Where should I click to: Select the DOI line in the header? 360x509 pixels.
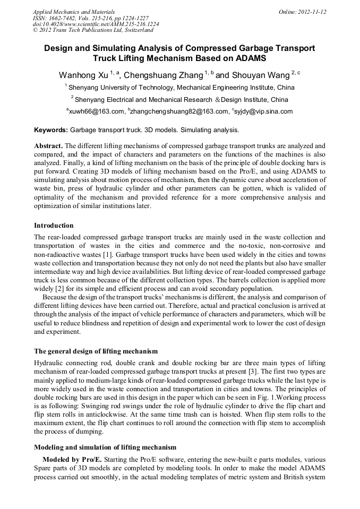click(96, 24)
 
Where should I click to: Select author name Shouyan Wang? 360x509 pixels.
click(261, 75)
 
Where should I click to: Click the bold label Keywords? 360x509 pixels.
click(51, 130)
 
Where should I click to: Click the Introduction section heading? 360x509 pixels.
click(54, 226)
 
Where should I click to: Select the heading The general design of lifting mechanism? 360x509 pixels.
click(96, 351)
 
